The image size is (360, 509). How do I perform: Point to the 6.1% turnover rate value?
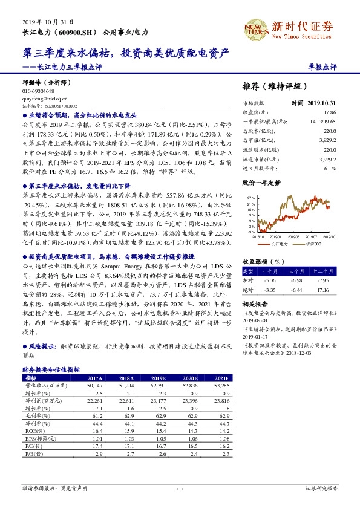329,169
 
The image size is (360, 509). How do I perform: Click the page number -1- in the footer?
180,487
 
